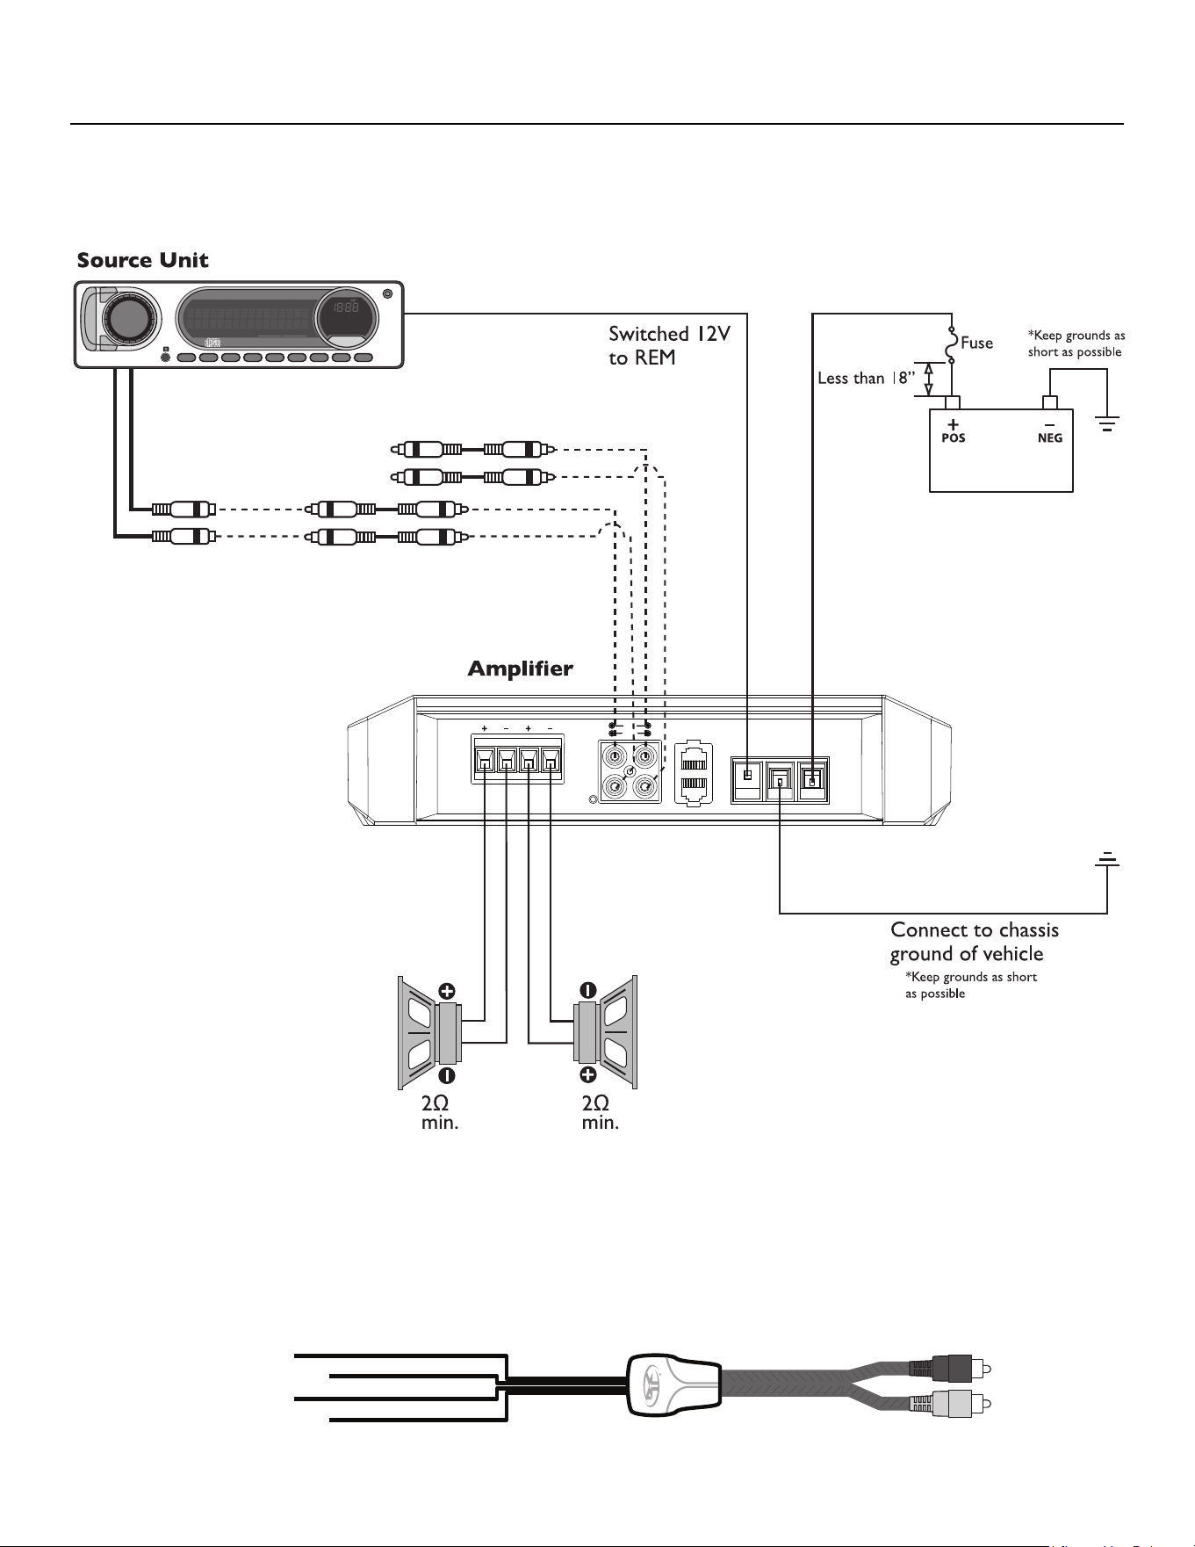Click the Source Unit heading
[x=142, y=260]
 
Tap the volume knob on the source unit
[x=129, y=318]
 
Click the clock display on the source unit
[x=347, y=314]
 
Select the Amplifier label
[x=520, y=669]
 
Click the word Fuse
[x=976, y=343]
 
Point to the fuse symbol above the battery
[x=951, y=343]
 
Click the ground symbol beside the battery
[x=1107, y=425]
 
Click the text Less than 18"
[x=866, y=378]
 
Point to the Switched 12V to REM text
[x=669, y=345]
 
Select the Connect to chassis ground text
[x=975, y=942]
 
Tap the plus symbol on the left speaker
[x=447, y=992]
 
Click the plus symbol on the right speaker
[x=588, y=1075]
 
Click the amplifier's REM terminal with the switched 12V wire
[x=747, y=779]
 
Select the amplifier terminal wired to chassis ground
[x=780, y=780]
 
